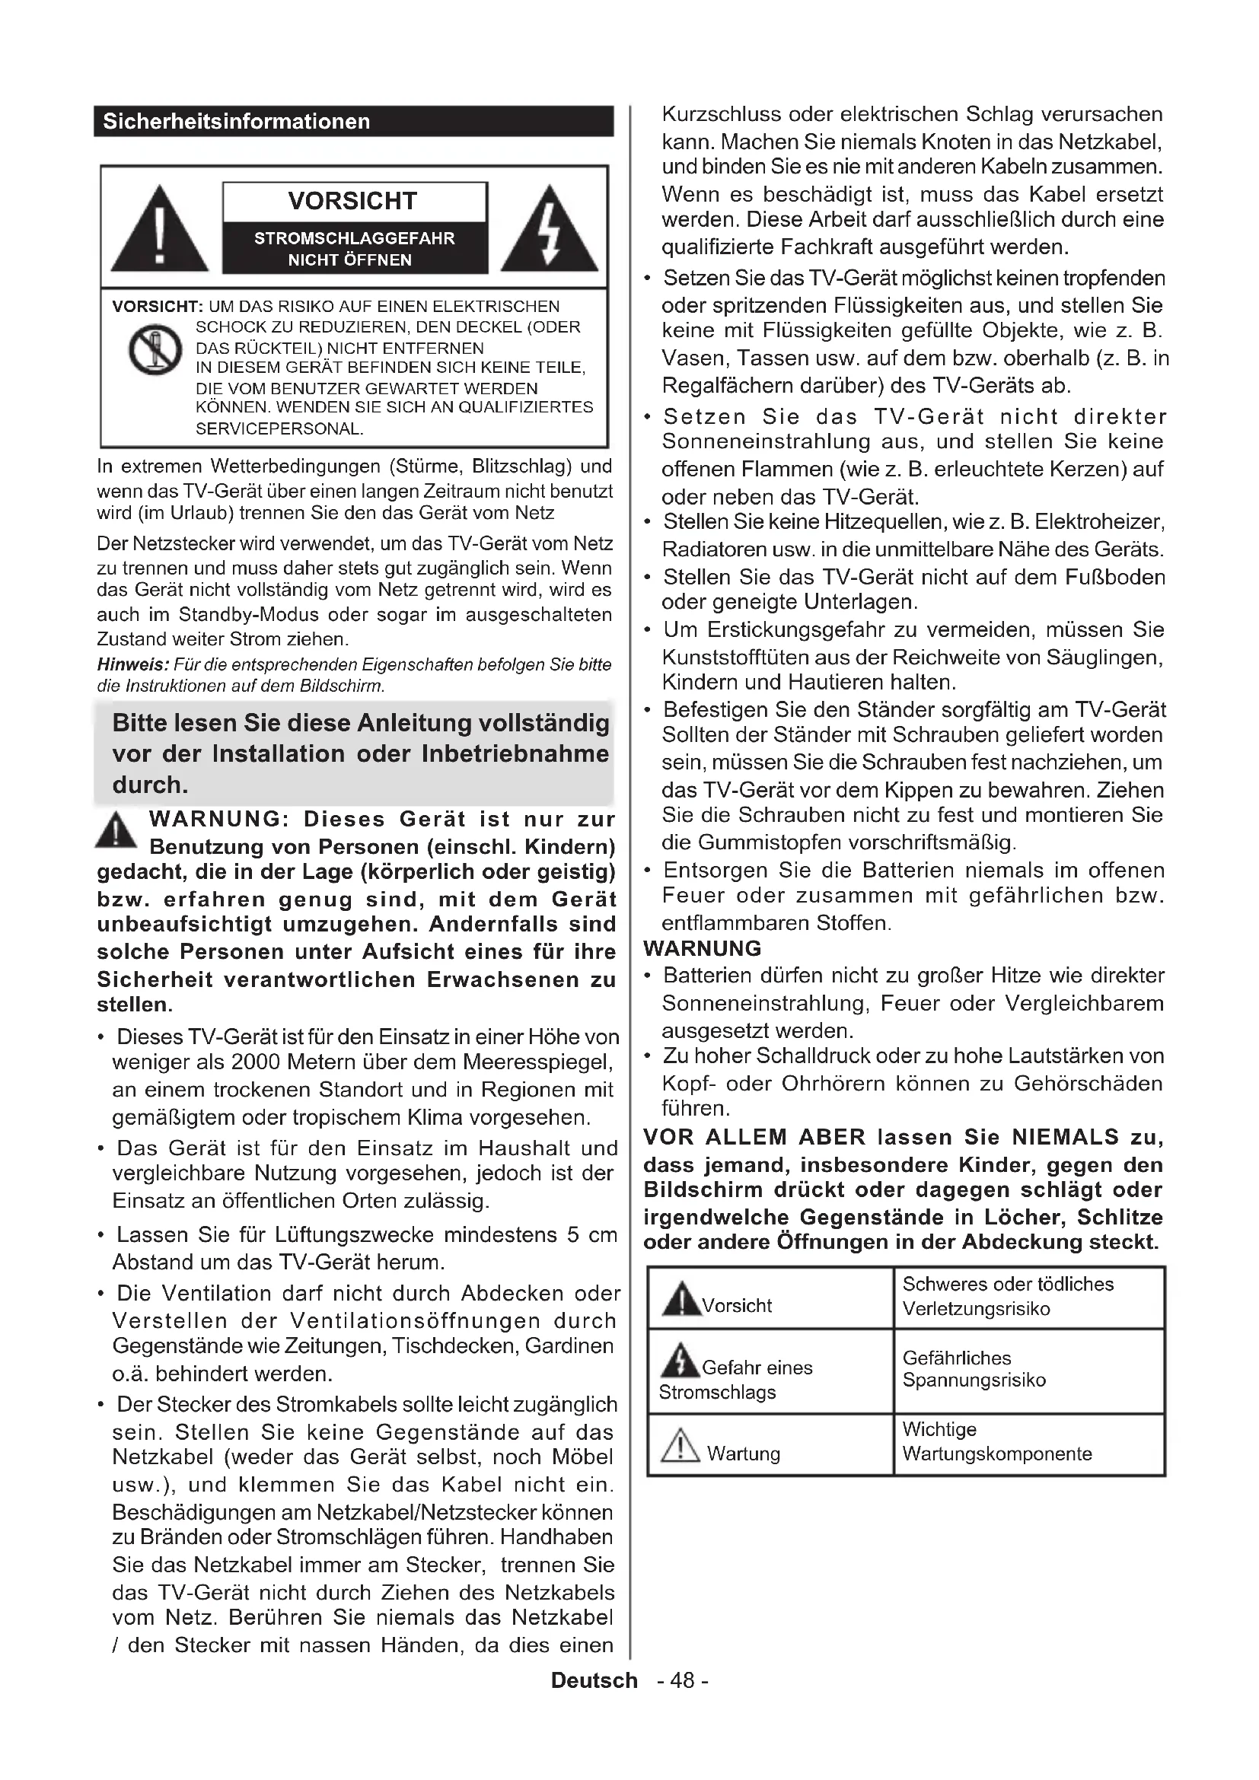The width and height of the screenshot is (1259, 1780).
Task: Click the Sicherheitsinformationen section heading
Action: pyautogui.click(x=237, y=122)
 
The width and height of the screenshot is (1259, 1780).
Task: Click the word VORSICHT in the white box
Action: pyautogui.click(x=352, y=201)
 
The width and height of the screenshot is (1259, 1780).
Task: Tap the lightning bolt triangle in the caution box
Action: pyautogui.click(x=550, y=231)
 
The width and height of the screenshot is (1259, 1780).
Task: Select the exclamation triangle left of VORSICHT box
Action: pyautogui.click(x=160, y=231)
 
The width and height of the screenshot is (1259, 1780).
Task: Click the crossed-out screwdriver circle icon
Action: pyautogui.click(x=155, y=350)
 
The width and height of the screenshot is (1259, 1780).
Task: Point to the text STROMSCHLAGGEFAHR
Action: pyautogui.click(x=354, y=239)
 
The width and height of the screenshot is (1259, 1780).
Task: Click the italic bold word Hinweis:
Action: pyautogui.click(x=132, y=664)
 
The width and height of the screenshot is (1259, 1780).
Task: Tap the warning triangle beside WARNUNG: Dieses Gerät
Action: pyautogui.click(x=116, y=831)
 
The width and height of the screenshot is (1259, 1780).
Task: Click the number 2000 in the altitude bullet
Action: pyautogui.click(x=257, y=1062)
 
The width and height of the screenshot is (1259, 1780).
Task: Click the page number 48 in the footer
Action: pyautogui.click(x=682, y=1680)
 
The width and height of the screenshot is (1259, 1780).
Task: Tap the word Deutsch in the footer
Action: pyautogui.click(x=594, y=1680)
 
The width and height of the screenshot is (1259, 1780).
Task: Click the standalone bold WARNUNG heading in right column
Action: pyautogui.click(x=703, y=948)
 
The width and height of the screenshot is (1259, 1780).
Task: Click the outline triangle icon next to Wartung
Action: pyautogui.click(x=680, y=1445)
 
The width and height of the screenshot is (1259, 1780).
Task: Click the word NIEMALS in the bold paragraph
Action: pyautogui.click(x=1065, y=1137)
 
